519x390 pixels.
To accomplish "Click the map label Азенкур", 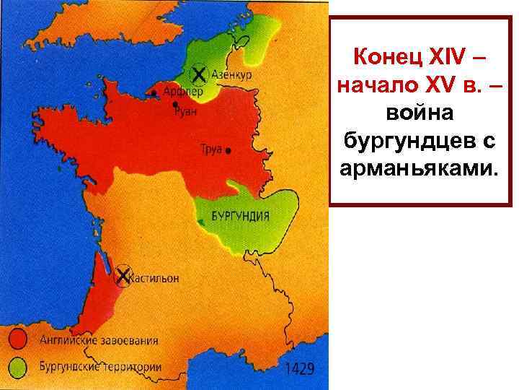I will tap(231, 74).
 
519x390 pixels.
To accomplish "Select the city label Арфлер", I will tap(184, 92).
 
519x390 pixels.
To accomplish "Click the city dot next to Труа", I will tap(229, 152).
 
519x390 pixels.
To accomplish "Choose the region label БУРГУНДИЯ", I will tap(240, 215).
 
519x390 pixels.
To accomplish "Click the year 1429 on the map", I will tap(300, 369).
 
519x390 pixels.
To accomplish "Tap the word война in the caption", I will tap(422, 114).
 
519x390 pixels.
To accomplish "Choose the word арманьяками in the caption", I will tap(422, 172).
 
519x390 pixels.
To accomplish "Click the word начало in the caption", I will tap(380, 84).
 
